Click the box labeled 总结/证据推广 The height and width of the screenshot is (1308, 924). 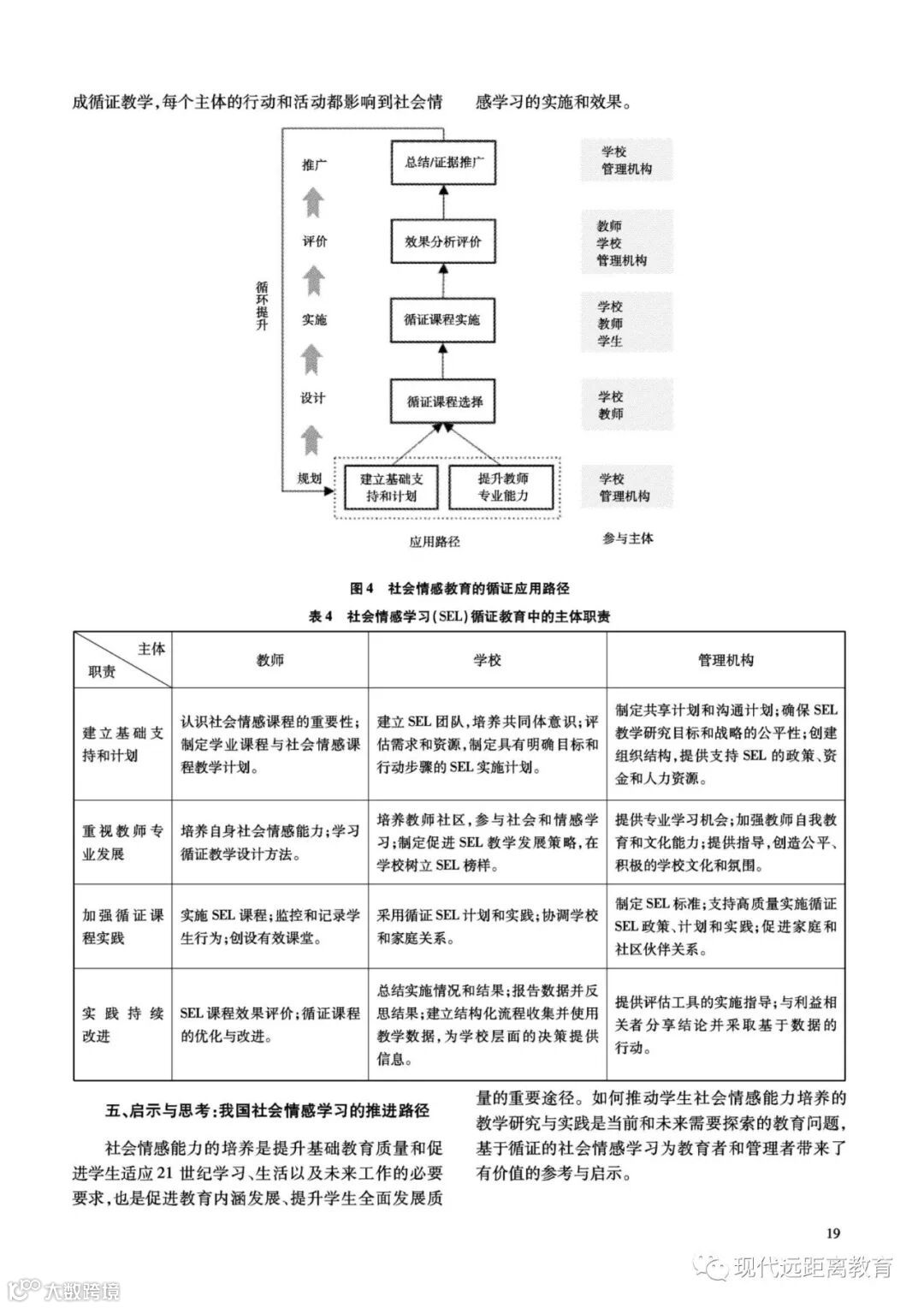[x=442, y=163]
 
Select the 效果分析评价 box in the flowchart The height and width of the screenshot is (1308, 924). [x=442, y=241]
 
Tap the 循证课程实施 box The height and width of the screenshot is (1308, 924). [x=442, y=320]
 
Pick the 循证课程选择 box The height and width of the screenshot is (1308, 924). [x=442, y=401]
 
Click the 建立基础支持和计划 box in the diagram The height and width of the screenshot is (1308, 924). [x=392, y=487]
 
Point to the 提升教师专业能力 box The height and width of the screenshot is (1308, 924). [x=502, y=487]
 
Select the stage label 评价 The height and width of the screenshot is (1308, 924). [x=314, y=241]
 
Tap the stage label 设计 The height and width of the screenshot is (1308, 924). [x=313, y=398]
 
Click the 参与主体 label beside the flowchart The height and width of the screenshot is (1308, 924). [x=627, y=538]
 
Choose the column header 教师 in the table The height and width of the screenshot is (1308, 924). [x=270, y=660]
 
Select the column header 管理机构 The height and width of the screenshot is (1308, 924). [x=726, y=660]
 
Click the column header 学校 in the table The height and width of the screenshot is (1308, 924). [x=487, y=660]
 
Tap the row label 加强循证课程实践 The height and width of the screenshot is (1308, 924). [x=122, y=926]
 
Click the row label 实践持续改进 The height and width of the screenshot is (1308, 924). [x=122, y=1025]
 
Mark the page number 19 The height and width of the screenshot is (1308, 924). [x=834, y=1233]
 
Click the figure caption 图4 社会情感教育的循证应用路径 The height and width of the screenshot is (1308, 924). [x=459, y=588]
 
